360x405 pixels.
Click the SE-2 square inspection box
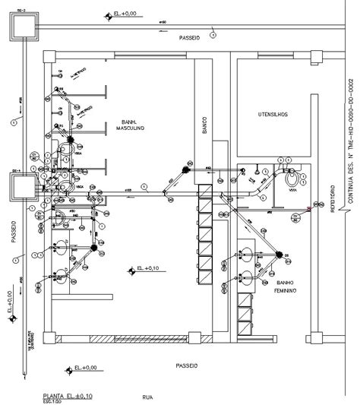(x=20, y=27)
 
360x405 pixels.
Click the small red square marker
(x=308, y=208)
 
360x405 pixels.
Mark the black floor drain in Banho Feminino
(x=278, y=255)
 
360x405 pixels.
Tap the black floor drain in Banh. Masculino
(x=69, y=140)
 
